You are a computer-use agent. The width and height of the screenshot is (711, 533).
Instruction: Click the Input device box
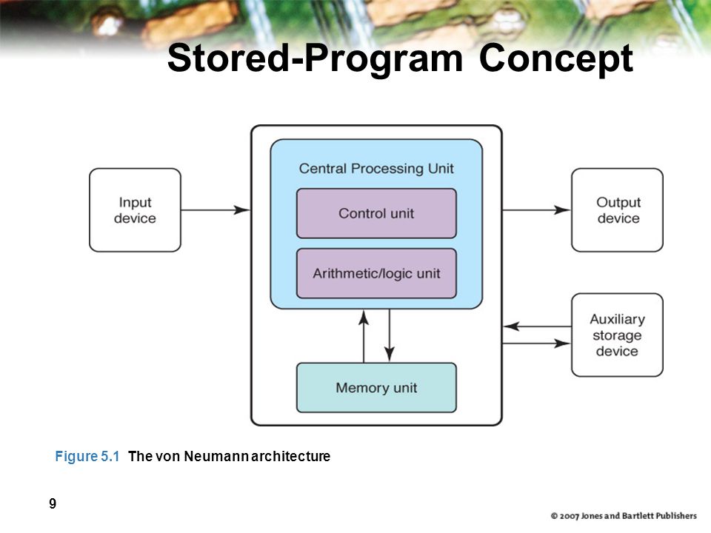coord(135,209)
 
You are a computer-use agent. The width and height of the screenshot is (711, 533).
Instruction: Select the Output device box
coord(617,209)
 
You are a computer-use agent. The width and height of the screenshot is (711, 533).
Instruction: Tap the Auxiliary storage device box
coord(617,335)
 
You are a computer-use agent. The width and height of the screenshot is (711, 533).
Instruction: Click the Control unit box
coord(376,213)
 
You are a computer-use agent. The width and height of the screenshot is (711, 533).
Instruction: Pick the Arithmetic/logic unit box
coord(376,273)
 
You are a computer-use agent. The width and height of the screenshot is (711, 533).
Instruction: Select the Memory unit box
coord(376,387)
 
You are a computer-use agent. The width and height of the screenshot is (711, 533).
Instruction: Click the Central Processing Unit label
coord(376,169)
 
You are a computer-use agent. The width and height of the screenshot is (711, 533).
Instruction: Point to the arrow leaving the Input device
coord(216,209)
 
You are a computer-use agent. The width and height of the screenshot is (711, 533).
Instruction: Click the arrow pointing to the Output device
coord(536,209)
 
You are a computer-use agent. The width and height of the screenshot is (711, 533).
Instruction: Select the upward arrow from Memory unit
coord(364,336)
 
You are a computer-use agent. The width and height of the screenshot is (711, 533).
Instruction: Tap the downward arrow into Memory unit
coord(390,336)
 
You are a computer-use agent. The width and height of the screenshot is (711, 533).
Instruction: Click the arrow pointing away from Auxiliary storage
coord(538,326)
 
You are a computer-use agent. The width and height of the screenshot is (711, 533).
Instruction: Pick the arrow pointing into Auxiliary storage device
coord(536,343)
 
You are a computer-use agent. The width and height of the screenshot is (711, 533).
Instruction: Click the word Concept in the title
coord(556,58)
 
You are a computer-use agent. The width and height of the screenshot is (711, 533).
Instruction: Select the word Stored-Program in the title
coord(316,58)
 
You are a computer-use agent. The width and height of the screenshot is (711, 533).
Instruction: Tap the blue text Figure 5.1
coord(87,456)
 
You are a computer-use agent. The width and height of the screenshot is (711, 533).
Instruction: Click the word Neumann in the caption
coord(216,456)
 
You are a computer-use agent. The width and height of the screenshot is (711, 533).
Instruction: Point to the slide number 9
coord(53,503)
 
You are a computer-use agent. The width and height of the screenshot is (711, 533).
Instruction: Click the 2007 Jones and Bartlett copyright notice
coord(624,516)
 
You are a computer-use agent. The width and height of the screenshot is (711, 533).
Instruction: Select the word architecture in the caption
coord(290,456)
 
